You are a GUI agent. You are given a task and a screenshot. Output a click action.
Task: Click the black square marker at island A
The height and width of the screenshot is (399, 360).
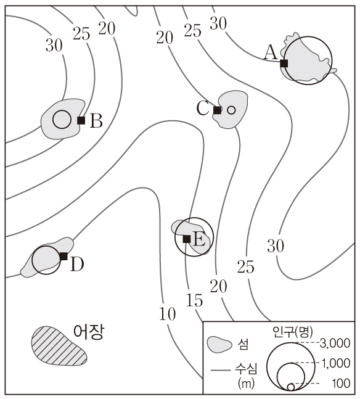[284, 63]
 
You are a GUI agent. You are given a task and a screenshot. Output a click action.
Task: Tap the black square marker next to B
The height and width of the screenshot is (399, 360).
[81, 120]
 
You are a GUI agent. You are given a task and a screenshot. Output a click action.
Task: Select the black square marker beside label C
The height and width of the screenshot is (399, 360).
[217, 110]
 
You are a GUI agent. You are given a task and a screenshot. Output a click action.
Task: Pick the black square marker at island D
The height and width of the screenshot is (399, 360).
[63, 256]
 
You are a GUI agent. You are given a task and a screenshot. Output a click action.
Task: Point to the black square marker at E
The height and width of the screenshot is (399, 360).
[187, 239]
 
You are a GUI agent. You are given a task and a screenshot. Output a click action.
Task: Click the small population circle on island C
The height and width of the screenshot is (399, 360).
[231, 110]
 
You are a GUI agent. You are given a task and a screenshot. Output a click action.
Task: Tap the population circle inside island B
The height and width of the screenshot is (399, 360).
[62, 120]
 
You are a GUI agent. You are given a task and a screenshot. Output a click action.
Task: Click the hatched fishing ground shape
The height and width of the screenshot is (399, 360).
[59, 346]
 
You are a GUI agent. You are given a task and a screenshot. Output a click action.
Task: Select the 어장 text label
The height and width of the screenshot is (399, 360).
[89, 332]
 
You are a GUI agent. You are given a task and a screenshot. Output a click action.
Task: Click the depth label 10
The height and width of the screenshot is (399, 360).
[168, 313]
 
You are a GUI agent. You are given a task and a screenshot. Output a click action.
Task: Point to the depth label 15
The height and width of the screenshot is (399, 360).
[195, 300]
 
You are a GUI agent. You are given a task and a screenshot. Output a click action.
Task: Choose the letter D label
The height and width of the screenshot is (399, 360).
[77, 264]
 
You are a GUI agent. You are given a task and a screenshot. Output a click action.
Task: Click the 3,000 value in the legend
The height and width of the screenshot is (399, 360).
[335, 343]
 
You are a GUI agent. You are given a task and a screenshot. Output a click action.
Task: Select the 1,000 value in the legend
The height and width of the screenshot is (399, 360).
[336, 363]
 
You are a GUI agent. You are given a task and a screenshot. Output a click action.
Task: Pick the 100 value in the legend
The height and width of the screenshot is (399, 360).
[341, 383]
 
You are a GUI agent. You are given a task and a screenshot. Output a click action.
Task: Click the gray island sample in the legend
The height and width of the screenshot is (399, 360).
[219, 345]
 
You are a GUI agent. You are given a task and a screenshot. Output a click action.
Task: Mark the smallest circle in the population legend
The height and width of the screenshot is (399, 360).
[291, 387]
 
